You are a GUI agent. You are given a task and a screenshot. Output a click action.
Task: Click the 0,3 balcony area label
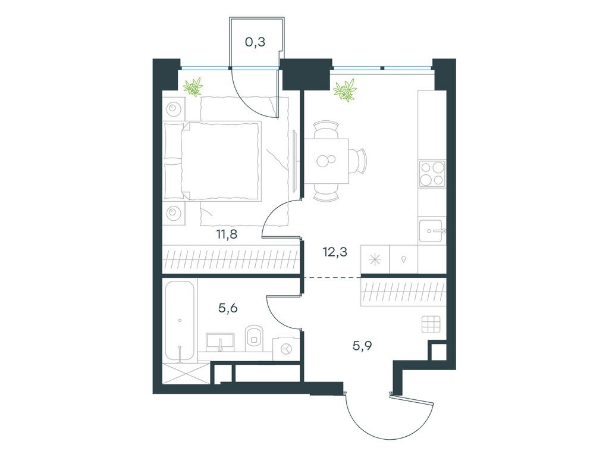point(255,42)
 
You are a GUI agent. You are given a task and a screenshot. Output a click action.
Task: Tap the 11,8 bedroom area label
point(227,234)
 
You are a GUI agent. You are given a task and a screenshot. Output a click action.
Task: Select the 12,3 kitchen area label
point(335,252)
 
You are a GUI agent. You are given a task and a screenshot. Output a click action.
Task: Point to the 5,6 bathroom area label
point(228,308)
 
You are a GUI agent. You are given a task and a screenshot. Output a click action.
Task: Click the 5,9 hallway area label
point(362,346)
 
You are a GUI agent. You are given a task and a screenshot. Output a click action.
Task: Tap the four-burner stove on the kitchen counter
point(432,173)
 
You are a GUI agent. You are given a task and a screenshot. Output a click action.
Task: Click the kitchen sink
point(431,231)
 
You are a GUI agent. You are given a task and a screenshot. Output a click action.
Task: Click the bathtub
point(180,321)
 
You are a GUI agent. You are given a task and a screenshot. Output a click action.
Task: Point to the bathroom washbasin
point(220,342)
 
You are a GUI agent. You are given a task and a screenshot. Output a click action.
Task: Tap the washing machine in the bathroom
point(286,349)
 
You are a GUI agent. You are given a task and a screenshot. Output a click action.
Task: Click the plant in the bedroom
point(193,87)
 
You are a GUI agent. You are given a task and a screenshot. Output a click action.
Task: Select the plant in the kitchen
point(345,90)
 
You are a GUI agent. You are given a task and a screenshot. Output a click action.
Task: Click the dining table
point(327,161)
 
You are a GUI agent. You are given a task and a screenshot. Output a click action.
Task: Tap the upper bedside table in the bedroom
point(174,108)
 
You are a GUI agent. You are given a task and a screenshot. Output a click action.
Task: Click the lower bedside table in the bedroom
point(174,213)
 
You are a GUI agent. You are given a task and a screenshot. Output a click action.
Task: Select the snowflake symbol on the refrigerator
point(375,259)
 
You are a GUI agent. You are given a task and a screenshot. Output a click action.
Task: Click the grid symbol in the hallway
point(432,324)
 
